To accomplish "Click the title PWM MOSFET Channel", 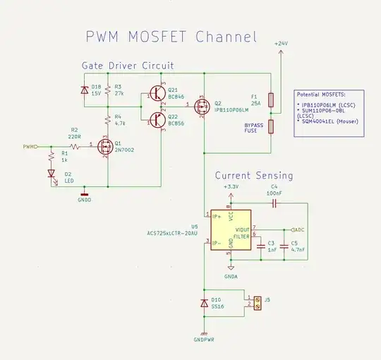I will pyautogui.click(x=171, y=37).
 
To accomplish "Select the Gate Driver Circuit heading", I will pyautogui.click(x=128, y=65).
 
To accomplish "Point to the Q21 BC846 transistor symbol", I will pyautogui.click(x=157, y=92).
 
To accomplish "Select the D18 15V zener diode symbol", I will pyautogui.click(x=84, y=92).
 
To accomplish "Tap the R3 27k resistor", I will pyautogui.click(x=108, y=92).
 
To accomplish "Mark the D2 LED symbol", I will pyautogui.click(x=51, y=173).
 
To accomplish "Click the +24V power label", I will pyautogui.click(x=281, y=44).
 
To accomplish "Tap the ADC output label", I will pyautogui.click(x=298, y=229).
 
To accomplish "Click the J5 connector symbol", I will pyautogui.click(x=256, y=304).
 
